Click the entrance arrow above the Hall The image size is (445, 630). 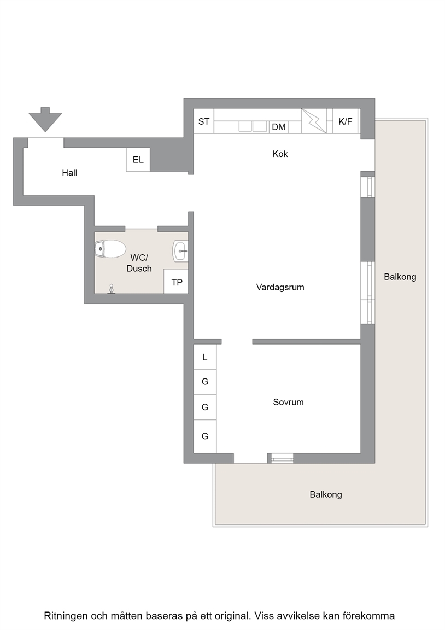[x=45, y=119]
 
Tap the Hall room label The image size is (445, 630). [x=69, y=173]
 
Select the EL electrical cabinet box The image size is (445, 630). [x=138, y=160]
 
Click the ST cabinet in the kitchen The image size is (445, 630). [x=203, y=121]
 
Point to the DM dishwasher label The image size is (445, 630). [x=279, y=127]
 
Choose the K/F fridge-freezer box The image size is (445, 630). [x=346, y=121]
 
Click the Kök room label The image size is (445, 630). [x=280, y=154]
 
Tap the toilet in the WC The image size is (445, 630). [x=109, y=249]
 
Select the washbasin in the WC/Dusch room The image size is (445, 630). [x=180, y=251]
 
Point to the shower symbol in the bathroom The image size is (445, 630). [x=112, y=289]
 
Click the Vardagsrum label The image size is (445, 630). [x=280, y=287]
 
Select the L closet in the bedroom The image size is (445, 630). [x=205, y=357]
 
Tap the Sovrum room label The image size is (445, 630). [x=288, y=402]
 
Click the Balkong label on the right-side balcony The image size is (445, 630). [x=400, y=277]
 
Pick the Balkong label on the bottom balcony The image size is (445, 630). [x=326, y=494]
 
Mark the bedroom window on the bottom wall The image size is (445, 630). [x=282, y=458]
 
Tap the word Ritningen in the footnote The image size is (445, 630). [x=66, y=616]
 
